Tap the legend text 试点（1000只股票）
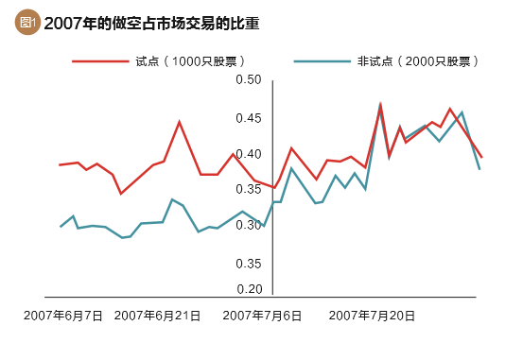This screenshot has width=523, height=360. [190, 61]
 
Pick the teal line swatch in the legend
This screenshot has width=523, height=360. [321, 61]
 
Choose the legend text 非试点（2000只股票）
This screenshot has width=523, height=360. [416, 61]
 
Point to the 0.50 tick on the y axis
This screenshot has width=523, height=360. [249, 80]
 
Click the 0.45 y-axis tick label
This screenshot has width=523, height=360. [249, 118]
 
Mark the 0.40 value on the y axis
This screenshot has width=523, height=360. [249, 154]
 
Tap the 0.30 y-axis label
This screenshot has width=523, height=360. [249, 225]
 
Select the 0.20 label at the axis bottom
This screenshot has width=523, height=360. [249, 289]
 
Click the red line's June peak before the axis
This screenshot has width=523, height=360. [179, 122]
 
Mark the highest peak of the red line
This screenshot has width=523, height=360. [380, 104]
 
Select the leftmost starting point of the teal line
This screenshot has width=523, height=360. [61, 227]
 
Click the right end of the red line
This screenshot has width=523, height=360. [481, 158]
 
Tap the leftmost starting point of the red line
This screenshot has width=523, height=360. [60, 165]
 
